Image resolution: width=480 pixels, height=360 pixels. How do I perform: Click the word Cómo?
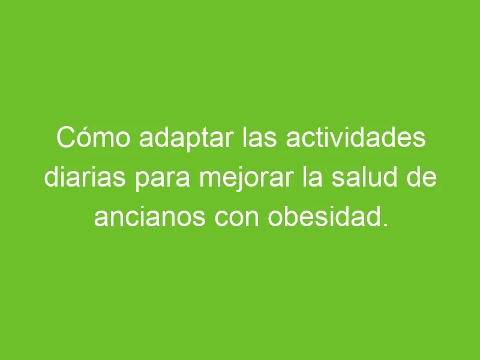point(94,138)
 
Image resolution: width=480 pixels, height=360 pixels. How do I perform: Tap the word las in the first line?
point(260,138)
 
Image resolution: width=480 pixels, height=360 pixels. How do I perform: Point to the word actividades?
point(356,138)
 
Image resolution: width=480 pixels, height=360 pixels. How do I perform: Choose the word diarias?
point(85,177)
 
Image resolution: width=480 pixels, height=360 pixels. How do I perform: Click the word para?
point(163,179)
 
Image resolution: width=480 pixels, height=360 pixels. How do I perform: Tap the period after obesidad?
point(385,224)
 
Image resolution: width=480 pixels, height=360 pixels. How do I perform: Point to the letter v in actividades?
point(332,140)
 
